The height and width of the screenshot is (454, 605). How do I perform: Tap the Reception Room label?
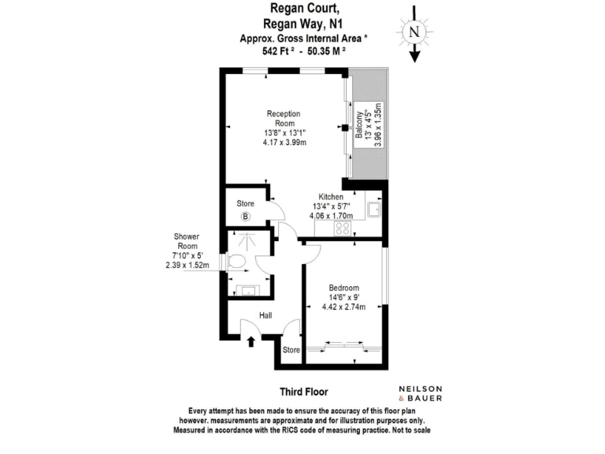284,118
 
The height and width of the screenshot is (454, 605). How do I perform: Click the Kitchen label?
330,197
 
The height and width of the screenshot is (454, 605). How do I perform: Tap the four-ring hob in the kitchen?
344,228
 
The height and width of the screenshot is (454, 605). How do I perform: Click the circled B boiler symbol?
245,217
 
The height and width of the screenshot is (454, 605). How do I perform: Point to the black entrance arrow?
251,340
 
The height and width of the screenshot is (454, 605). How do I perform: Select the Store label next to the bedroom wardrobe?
291,349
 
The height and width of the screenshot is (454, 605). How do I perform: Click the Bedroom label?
344,287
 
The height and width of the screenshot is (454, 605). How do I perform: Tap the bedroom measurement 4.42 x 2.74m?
344,307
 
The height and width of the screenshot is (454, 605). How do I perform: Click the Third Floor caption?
303,391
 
